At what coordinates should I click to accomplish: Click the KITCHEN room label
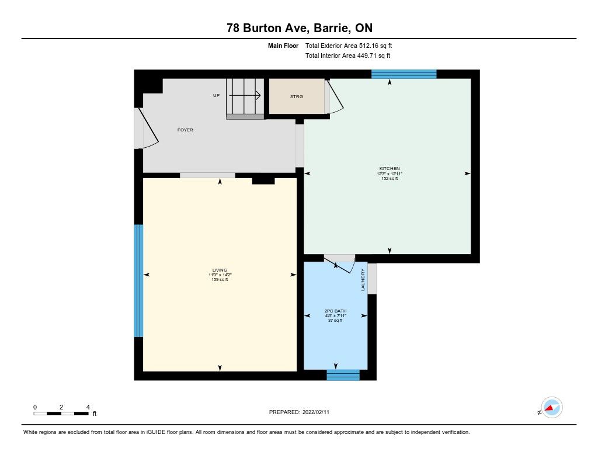(x=390, y=168)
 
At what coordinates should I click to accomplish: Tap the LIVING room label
(x=220, y=270)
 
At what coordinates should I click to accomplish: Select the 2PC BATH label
(x=336, y=311)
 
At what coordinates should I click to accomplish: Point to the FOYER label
(x=185, y=130)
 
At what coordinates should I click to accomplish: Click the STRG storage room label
(x=296, y=96)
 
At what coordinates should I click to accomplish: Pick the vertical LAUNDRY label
(x=363, y=280)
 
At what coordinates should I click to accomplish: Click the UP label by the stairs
(x=216, y=95)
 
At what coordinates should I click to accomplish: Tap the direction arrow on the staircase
(x=245, y=95)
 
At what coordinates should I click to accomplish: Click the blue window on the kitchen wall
(x=404, y=74)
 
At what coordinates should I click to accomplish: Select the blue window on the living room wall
(x=138, y=281)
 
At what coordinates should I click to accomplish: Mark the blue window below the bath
(x=343, y=375)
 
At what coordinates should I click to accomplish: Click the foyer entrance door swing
(x=148, y=128)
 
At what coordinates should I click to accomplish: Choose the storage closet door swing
(x=335, y=97)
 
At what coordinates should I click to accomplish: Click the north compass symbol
(x=551, y=408)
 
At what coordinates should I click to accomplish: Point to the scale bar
(x=61, y=414)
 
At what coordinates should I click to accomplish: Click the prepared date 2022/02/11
(x=316, y=412)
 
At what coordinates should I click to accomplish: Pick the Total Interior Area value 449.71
(x=366, y=55)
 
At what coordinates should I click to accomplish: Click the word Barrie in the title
(x=331, y=28)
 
